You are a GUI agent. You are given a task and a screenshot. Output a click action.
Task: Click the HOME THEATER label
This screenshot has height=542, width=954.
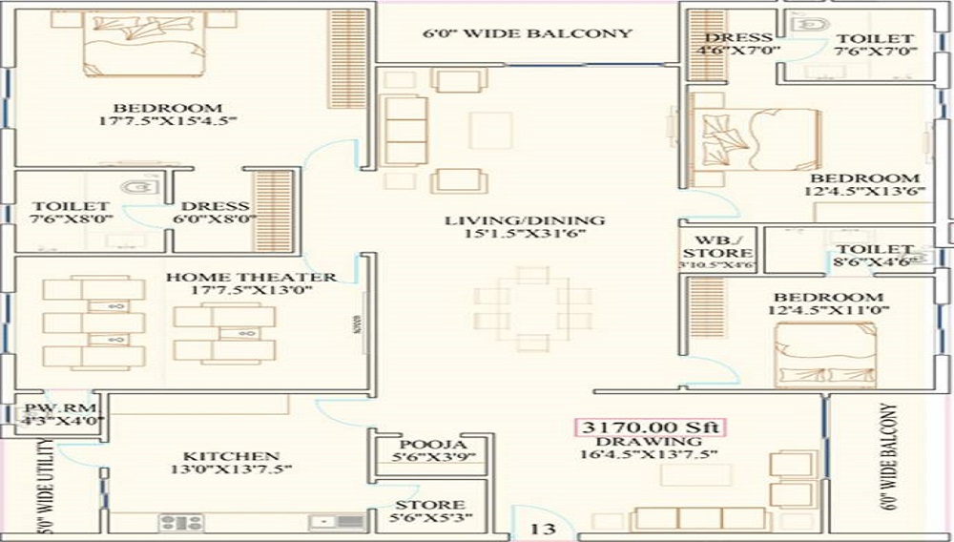(x=251, y=278)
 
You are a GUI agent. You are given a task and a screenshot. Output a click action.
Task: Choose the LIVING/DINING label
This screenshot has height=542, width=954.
(x=526, y=221)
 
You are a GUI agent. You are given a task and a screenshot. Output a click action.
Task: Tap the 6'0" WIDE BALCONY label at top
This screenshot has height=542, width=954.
(x=528, y=33)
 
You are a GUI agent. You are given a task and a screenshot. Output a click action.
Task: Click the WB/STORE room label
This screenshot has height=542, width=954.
(x=705, y=247)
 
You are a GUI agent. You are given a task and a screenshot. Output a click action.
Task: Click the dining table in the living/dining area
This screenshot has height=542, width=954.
(x=533, y=307)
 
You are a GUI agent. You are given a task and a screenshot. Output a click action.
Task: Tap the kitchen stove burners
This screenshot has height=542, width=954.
(x=181, y=522)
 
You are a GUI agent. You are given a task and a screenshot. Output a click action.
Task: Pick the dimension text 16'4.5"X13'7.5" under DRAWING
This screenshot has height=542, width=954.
(x=647, y=457)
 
